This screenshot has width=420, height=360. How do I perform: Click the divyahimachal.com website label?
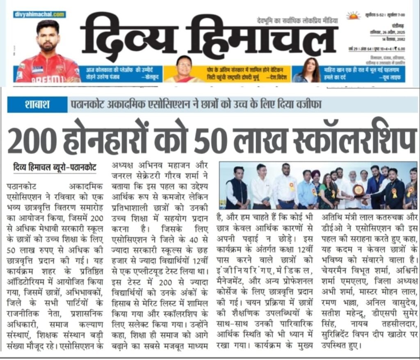(39, 15)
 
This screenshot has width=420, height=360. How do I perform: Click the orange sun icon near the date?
(353, 16)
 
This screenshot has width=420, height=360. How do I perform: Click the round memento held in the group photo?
(358, 190)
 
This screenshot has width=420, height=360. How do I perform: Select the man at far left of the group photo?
(237, 185)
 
